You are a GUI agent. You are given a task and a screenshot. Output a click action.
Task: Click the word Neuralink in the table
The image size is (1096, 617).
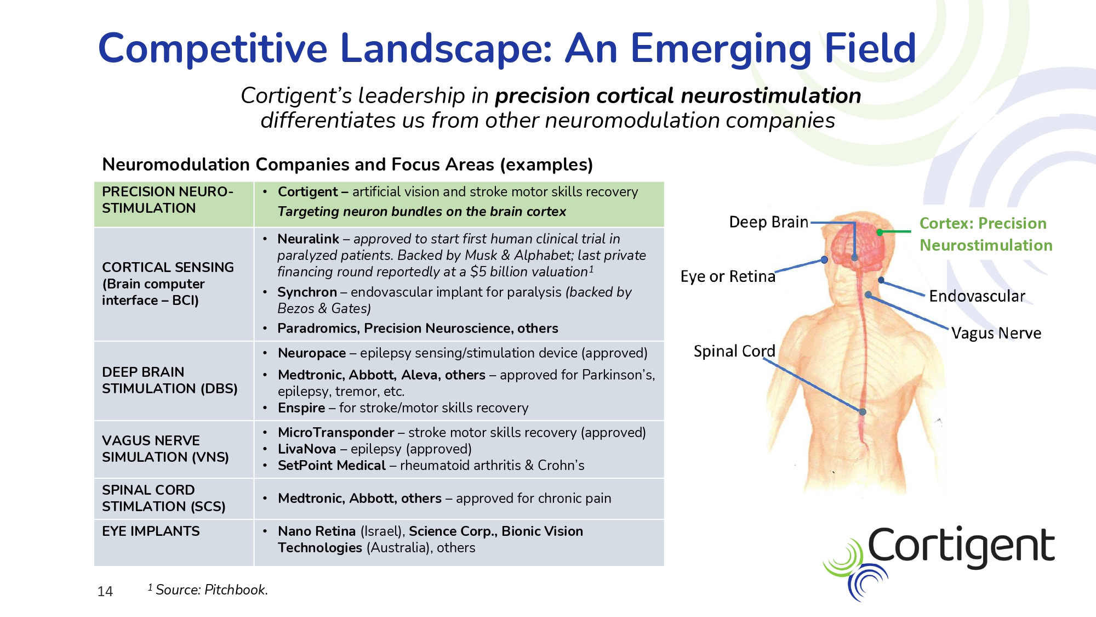pyautogui.click(x=308, y=239)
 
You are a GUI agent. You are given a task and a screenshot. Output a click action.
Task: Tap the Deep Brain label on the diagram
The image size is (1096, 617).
pyautogui.click(x=768, y=222)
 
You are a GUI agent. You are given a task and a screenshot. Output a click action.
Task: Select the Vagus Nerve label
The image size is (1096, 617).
pyautogui.click(x=996, y=333)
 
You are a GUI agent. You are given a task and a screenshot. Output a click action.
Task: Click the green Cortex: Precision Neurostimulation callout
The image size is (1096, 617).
pyautogui.click(x=985, y=234)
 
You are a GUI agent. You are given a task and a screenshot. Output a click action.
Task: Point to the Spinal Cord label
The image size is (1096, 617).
pyautogui.click(x=734, y=351)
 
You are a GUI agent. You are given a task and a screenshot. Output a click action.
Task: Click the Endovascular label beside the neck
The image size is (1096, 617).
pyautogui.click(x=977, y=296)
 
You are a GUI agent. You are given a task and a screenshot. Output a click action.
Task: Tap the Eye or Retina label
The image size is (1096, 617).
pyautogui.click(x=728, y=276)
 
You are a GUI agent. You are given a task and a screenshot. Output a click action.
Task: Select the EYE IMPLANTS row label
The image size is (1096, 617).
pyautogui.click(x=151, y=531)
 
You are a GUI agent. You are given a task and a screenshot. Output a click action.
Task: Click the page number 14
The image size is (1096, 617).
pyautogui.click(x=105, y=591)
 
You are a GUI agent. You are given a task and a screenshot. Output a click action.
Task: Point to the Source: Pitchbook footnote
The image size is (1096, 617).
pyautogui.click(x=208, y=590)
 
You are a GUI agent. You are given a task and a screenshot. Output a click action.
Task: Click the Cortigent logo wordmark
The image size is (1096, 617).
pyautogui.click(x=961, y=545)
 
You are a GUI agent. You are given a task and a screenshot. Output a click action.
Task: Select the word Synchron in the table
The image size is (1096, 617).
pyautogui.click(x=307, y=292)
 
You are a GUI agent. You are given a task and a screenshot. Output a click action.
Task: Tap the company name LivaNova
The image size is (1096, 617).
pyautogui.click(x=307, y=449)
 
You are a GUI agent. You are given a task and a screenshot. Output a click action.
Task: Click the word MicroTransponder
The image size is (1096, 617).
pyautogui.click(x=336, y=433)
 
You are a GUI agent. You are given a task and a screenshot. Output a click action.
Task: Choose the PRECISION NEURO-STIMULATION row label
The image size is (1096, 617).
pyautogui.click(x=167, y=200)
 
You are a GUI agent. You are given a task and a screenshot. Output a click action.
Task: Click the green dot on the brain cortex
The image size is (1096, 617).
pyautogui.click(x=880, y=233)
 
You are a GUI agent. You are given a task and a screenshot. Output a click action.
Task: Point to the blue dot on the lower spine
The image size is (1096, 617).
pyautogui.click(x=863, y=412)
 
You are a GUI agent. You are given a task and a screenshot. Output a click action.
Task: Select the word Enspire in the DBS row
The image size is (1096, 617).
pyautogui.click(x=301, y=408)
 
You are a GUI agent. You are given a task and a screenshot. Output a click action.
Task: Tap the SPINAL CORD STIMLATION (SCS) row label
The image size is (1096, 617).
pyautogui.click(x=163, y=499)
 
